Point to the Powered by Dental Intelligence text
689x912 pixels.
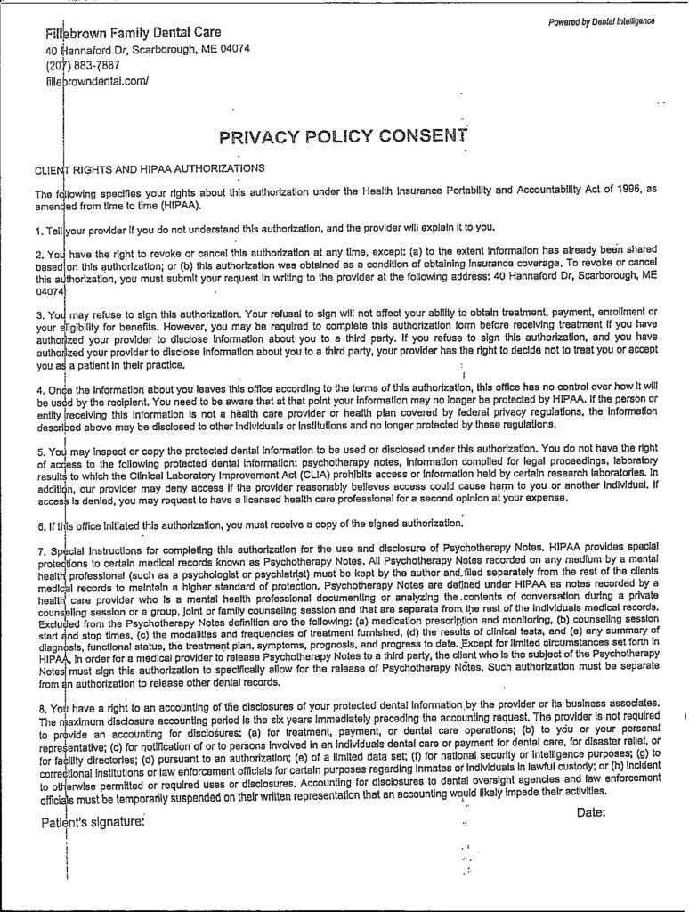(601, 20)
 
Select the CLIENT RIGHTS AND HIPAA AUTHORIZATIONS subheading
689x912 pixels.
(149, 167)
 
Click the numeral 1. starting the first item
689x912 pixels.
(39, 227)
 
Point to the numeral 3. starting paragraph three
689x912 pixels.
(39, 314)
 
